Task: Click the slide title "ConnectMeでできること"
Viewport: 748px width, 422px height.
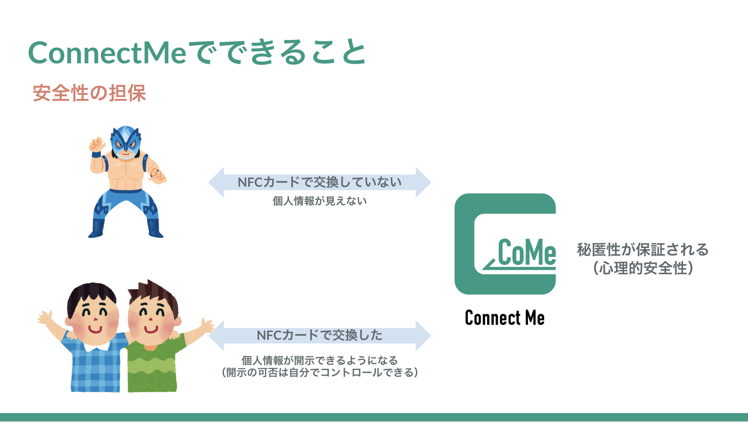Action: coord(197,52)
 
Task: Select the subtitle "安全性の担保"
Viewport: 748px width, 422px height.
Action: coord(89,93)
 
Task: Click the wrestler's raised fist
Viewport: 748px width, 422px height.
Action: coord(97,144)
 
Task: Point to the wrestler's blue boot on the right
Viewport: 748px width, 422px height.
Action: coord(155,229)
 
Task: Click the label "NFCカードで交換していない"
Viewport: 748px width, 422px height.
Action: coord(320,182)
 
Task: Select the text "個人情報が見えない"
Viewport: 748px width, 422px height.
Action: coord(320,201)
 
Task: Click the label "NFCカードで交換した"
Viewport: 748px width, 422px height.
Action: coord(320,335)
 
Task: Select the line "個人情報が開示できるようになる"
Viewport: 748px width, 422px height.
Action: coord(320,360)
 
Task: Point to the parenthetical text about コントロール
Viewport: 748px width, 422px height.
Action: coord(320,373)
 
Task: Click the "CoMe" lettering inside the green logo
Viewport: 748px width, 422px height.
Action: coord(527,253)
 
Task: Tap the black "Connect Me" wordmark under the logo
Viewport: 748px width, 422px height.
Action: coord(505,318)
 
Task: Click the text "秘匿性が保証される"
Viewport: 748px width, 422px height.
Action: coord(643,250)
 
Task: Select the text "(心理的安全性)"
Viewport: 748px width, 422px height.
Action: coord(643,269)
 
